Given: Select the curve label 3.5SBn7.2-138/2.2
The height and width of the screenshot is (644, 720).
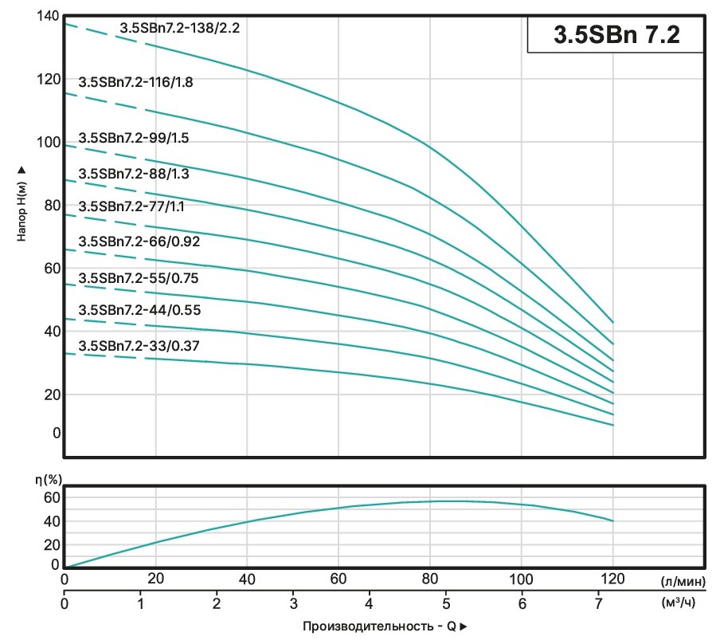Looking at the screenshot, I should pyautogui.click(x=179, y=27).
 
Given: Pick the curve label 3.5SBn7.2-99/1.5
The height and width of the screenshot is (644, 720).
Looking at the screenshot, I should pyautogui.click(x=134, y=138).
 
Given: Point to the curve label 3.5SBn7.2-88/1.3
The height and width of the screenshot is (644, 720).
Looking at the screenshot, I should pyautogui.click(x=134, y=174).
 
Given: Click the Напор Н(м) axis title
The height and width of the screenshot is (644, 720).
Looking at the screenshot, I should pyautogui.click(x=22, y=203).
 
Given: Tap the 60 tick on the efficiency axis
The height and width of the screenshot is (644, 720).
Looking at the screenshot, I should pyautogui.click(x=51, y=498).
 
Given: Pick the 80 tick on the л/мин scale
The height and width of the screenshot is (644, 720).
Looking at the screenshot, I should pyautogui.click(x=430, y=579).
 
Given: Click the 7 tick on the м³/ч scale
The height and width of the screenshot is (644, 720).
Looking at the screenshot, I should pyautogui.click(x=597, y=603).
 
